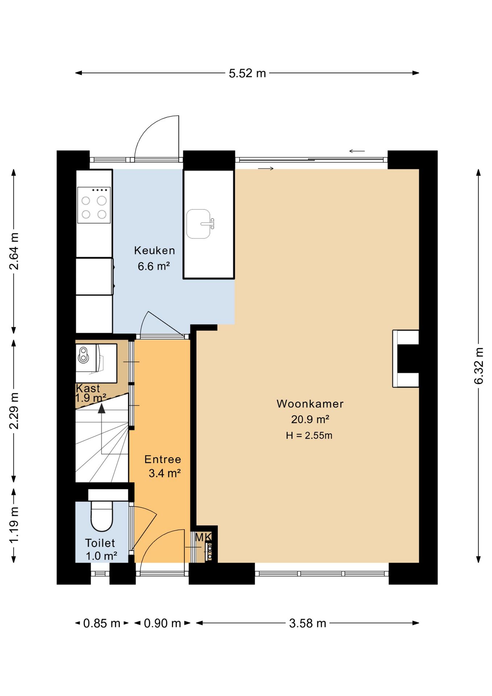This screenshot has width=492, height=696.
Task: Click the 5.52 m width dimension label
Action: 247,73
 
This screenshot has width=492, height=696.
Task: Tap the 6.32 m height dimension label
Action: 479,366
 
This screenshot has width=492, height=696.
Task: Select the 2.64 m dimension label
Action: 14,251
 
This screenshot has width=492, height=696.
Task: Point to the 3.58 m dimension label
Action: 308,623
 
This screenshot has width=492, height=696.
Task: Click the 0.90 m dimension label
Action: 162,623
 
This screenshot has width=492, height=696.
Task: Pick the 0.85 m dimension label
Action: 101,623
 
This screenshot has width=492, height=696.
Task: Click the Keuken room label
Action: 155,250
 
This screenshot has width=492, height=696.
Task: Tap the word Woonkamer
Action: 310,404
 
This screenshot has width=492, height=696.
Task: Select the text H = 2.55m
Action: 309,435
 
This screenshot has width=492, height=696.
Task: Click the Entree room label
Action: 163,459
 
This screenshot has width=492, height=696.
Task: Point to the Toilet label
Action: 100,543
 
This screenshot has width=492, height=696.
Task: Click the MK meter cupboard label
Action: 203,537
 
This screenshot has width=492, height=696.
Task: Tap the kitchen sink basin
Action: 199,224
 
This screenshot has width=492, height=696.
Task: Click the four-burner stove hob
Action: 94,205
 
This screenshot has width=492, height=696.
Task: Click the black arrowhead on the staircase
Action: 101,409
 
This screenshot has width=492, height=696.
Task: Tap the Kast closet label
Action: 88,388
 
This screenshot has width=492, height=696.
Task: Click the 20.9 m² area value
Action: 310,419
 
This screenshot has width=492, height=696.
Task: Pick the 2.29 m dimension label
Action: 14,411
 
